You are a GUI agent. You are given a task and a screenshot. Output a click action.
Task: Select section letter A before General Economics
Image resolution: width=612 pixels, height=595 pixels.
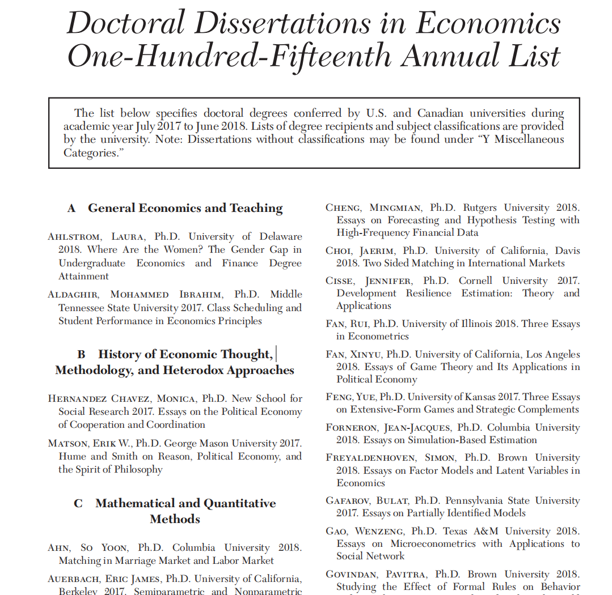[x=71, y=209]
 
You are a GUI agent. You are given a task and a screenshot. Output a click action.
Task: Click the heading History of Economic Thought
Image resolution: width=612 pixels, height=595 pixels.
[x=185, y=354]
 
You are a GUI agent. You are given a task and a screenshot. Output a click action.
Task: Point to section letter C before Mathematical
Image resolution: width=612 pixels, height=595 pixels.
[x=78, y=503]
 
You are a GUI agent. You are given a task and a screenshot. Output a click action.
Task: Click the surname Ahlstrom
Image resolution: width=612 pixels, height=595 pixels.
[x=73, y=237]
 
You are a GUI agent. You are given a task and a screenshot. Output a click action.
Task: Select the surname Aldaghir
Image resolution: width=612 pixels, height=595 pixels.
[x=73, y=295]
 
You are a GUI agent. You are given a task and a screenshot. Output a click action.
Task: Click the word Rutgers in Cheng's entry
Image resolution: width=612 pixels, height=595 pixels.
[x=480, y=208]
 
